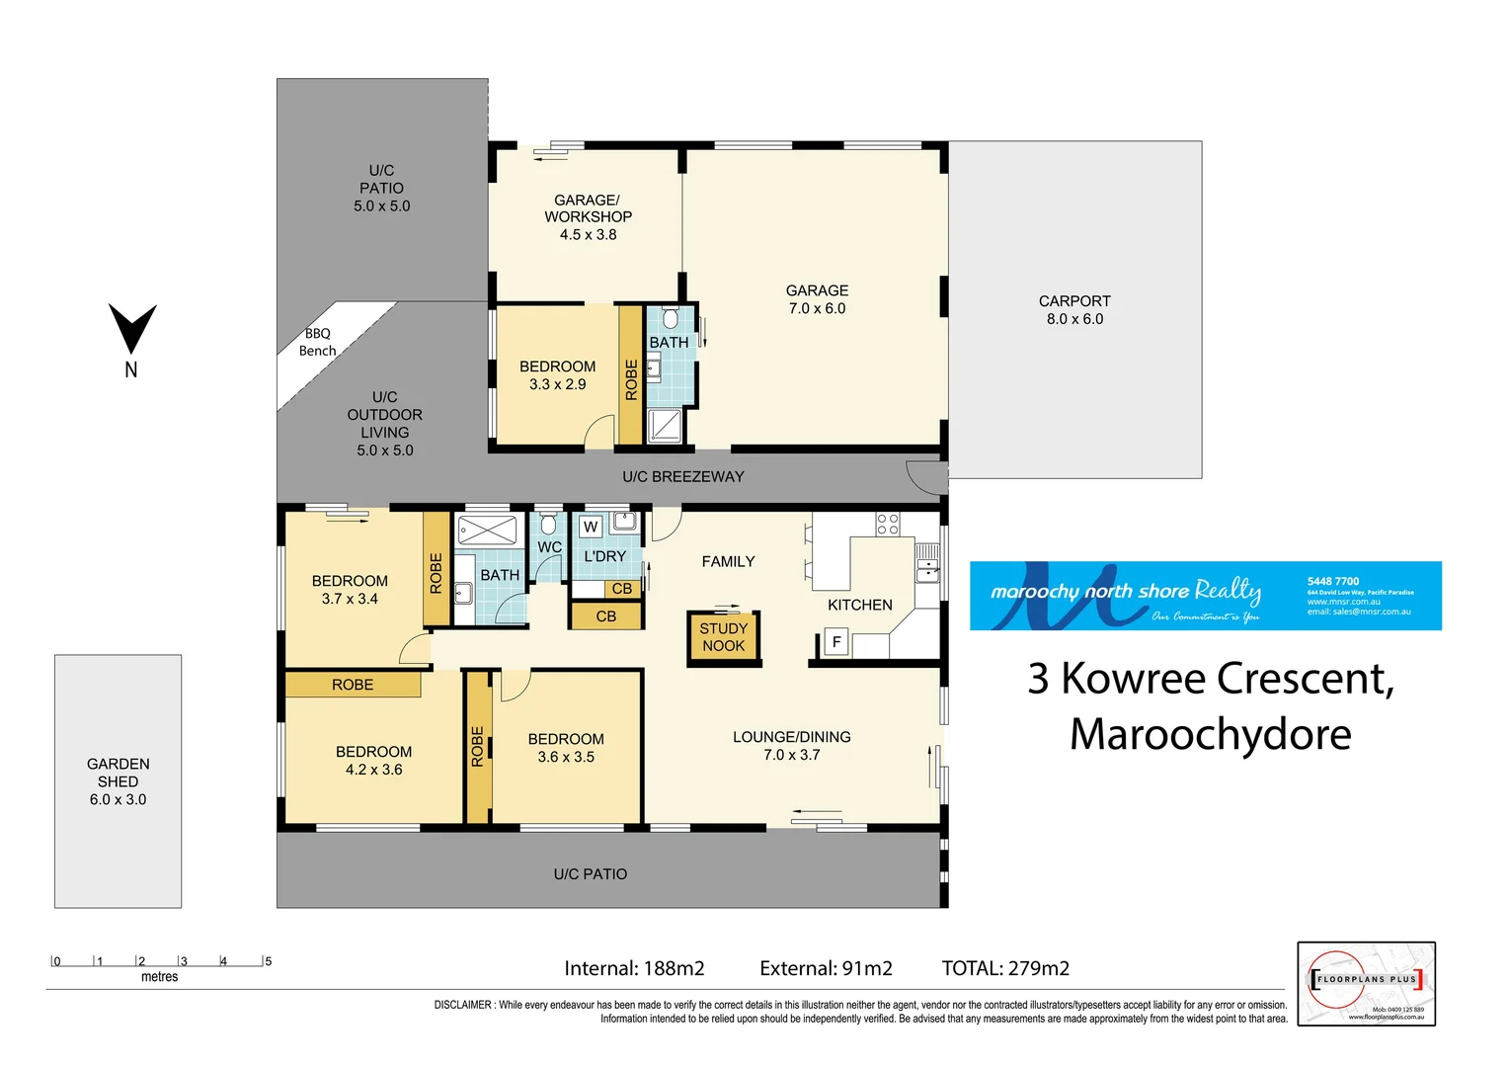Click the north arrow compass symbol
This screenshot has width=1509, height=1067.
(x=131, y=330)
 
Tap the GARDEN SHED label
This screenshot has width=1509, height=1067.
(x=118, y=781)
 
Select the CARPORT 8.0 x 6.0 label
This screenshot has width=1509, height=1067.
(x=1074, y=309)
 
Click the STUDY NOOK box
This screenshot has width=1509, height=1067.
(x=724, y=637)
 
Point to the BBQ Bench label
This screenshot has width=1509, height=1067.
(x=317, y=342)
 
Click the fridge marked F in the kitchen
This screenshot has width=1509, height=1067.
(x=836, y=642)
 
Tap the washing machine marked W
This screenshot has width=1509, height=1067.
(x=591, y=527)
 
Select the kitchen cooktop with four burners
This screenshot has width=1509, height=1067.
(x=888, y=524)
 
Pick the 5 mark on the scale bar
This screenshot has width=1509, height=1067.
(x=268, y=961)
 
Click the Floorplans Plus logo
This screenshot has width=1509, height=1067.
(x=1366, y=983)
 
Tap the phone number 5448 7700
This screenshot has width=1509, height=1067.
(x=1333, y=581)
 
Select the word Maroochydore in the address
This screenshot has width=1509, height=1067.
(x=1210, y=734)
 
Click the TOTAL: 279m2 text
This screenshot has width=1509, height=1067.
(x=1005, y=968)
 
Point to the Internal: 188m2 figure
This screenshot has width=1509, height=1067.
(x=634, y=968)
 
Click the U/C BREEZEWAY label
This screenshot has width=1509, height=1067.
(x=683, y=476)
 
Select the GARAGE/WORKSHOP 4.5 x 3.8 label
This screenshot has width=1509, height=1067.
(x=588, y=216)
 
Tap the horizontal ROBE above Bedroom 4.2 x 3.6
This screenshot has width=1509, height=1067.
(x=353, y=685)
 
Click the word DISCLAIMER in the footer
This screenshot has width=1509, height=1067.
(x=463, y=1005)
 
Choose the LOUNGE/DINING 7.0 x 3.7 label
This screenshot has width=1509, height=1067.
(x=791, y=746)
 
